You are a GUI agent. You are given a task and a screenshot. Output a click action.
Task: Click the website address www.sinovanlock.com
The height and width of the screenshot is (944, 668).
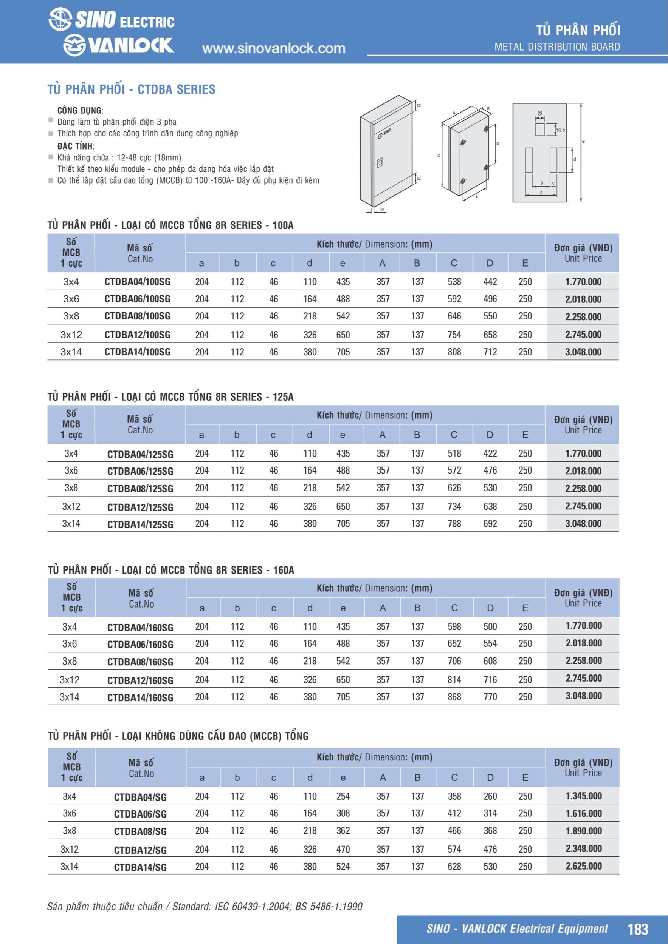point(274,48)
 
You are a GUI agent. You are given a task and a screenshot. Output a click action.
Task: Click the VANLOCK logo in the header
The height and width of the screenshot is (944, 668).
point(119,45)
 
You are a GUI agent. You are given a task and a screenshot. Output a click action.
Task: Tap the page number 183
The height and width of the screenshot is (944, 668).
point(637,929)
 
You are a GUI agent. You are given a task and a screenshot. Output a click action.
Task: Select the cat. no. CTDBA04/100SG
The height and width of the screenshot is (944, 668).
point(137,282)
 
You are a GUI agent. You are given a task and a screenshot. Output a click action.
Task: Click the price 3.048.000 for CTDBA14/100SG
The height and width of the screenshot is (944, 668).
point(583,352)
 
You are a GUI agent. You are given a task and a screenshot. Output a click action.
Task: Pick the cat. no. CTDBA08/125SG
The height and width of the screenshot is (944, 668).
point(140,489)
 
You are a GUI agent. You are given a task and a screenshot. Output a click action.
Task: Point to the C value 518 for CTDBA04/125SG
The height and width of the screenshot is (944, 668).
point(454,453)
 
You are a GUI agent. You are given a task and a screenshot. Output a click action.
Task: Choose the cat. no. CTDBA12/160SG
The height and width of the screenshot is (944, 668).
point(140,680)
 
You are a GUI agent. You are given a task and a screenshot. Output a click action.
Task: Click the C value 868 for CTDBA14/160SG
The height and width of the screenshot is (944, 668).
point(454,697)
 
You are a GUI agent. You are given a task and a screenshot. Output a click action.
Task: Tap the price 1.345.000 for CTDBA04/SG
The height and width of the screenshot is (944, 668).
point(583,796)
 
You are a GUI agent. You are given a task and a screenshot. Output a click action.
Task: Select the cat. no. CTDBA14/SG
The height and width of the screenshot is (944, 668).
point(140,867)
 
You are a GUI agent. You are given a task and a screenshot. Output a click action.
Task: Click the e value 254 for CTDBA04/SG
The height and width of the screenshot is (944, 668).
point(343,796)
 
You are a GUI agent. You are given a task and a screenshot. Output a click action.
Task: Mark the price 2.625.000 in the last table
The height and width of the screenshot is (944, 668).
point(583,866)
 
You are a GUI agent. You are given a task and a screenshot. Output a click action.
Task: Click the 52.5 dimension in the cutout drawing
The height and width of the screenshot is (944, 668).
point(560,130)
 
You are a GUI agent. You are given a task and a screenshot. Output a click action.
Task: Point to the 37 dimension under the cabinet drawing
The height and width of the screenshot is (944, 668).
point(382,210)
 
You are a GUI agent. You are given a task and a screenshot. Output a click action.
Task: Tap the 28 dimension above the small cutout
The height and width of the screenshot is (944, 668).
point(539,114)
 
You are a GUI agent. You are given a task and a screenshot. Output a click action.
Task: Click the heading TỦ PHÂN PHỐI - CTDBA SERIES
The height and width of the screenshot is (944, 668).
point(131,89)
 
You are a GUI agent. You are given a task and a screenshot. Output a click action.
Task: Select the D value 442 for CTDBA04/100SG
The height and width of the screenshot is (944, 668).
point(490,282)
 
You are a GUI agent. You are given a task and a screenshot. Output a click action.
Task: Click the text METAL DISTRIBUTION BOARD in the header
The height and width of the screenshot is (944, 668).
point(557,47)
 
